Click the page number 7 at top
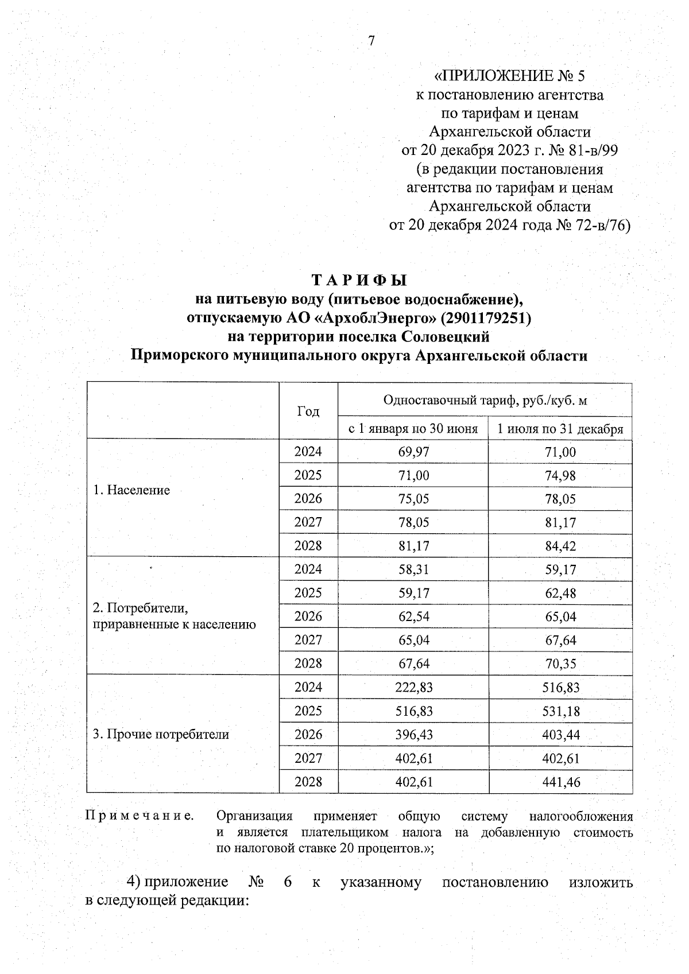coord(371,41)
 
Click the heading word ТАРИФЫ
coord(359,281)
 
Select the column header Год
coord(308,411)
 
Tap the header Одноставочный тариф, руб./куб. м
coord(485,400)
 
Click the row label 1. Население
coord(131,490)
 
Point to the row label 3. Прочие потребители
coord(161,734)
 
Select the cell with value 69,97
coord(413,452)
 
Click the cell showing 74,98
coord(560,476)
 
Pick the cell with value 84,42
coord(560,546)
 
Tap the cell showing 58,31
coord(413,569)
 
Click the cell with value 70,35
coord(560,664)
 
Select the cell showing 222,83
coord(413,688)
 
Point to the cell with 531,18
coord(560,711)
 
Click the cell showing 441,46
coord(560,782)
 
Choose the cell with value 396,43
coord(413,735)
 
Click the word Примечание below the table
coord(139,816)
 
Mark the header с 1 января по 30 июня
coord(413,429)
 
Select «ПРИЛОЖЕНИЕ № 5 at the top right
coord(510,76)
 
